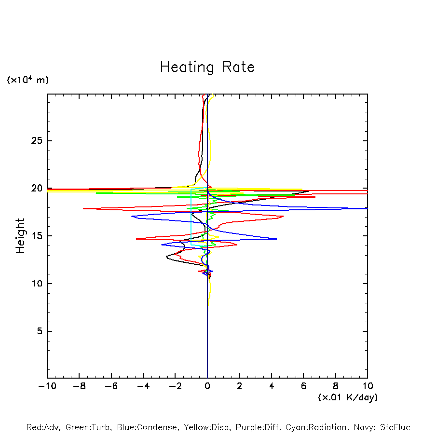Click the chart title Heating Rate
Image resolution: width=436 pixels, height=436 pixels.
click(x=207, y=67)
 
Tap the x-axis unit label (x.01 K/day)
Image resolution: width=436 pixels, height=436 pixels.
click(x=348, y=397)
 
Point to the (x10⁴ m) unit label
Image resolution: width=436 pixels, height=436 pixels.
click(x=28, y=80)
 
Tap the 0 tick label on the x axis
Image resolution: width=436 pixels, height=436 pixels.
click(x=207, y=386)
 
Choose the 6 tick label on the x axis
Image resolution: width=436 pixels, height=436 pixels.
click(x=303, y=386)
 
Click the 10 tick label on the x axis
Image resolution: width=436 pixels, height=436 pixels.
click(x=367, y=386)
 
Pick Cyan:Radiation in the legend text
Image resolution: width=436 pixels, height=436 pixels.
click(x=316, y=427)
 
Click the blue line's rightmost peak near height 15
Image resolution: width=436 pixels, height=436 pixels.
click(x=277, y=239)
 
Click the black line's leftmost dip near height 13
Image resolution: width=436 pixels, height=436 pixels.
click(x=167, y=257)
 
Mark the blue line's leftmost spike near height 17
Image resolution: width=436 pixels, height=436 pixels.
click(x=132, y=216)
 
